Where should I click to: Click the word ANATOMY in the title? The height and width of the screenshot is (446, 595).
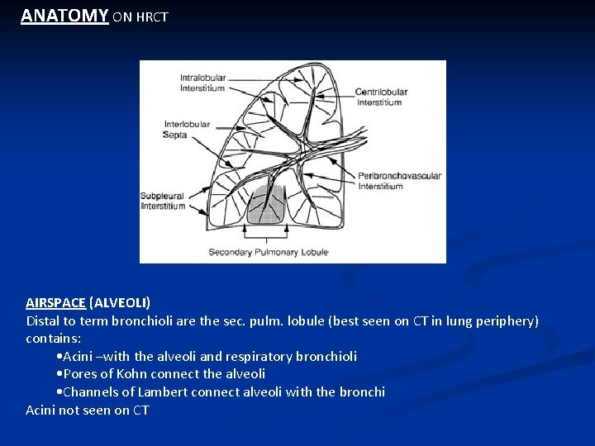point(64,15)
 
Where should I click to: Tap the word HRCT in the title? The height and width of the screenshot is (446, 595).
point(151,17)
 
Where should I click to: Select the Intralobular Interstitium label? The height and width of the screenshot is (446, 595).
point(202,83)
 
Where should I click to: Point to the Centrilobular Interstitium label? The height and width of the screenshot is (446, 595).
point(379,97)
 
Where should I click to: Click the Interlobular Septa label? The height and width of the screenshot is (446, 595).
point(187,129)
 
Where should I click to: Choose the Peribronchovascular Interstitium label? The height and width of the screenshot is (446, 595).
point(399,180)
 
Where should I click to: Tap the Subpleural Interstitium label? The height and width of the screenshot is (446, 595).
point(162,201)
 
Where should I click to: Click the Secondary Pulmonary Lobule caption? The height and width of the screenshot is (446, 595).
point(268,252)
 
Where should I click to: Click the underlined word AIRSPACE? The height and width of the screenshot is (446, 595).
point(55,302)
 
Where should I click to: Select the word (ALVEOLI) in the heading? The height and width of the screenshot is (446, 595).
point(120,302)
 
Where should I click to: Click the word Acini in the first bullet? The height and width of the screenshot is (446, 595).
point(79,356)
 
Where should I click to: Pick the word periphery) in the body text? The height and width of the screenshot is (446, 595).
point(507,320)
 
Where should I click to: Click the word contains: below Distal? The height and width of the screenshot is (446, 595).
point(53,338)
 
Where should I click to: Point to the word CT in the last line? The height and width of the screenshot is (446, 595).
point(140,410)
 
